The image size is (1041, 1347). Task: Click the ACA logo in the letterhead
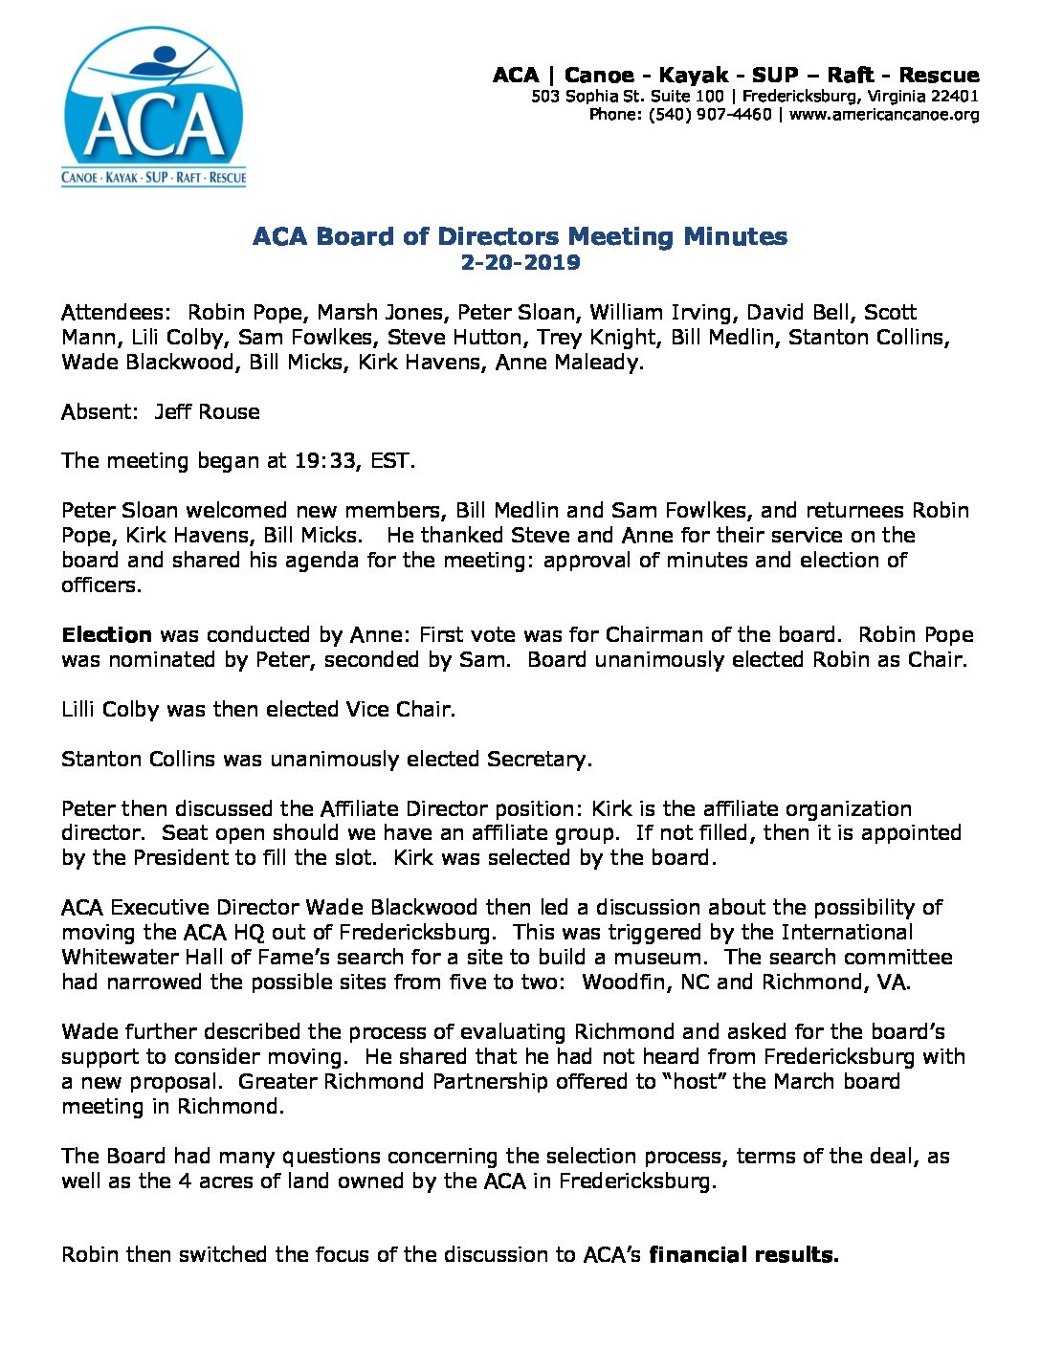(x=153, y=107)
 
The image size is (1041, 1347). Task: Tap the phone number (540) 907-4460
(x=709, y=115)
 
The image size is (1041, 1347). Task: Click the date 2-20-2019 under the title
(x=520, y=262)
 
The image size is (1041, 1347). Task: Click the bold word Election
(x=106, y=635)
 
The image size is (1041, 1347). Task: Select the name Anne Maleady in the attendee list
(x=568, y=363)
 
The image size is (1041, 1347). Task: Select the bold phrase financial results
(x=743, y=1255)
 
